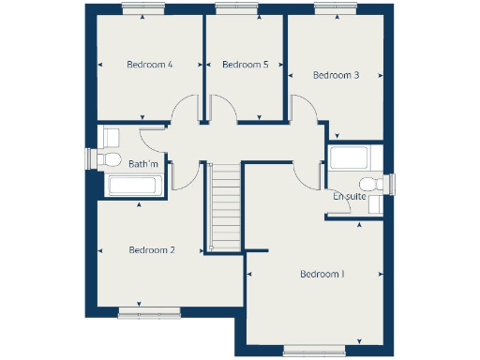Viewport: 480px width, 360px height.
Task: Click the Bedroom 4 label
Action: tap(150, 65)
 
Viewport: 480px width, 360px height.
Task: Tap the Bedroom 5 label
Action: tap(246, 65)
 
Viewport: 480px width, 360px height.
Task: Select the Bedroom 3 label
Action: tap(337, 75)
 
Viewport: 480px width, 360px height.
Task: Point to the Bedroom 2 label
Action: tap(152, 250)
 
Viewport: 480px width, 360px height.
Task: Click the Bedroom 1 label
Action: tap(322, 275)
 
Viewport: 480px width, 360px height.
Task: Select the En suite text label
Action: tap(350, 197)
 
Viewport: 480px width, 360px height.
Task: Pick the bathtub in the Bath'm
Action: tap(136, 185)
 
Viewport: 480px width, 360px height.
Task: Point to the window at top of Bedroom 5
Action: tap(230, 8)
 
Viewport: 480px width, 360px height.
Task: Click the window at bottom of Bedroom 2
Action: tap(142, 310)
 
